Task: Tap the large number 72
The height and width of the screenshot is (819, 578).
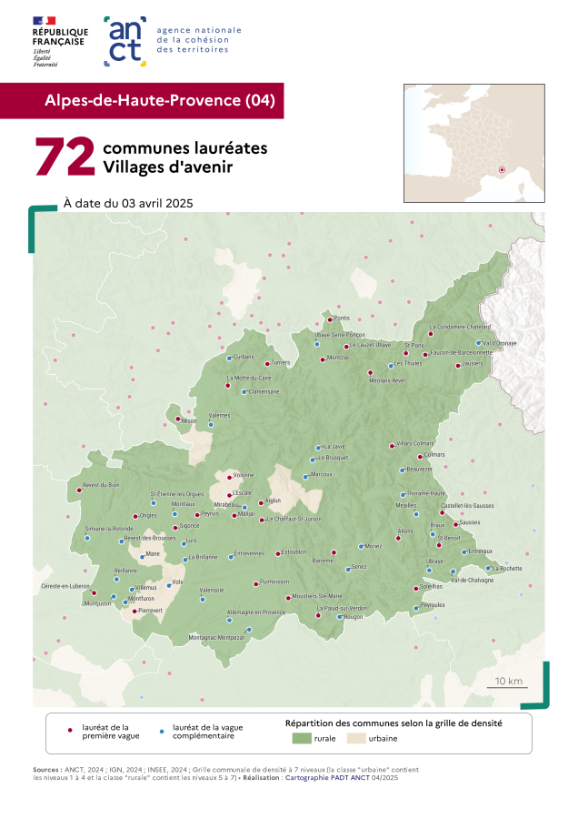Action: tap(65, 157)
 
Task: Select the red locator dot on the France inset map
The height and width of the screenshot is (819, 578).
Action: tap(502, 168)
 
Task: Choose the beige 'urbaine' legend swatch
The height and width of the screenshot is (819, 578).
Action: tap(356, 739)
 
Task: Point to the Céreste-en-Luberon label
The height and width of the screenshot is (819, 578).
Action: tap(65, 586)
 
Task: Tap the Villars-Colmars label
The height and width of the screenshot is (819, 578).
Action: tap(416, 443)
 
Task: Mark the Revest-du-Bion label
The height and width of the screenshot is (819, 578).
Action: tap(101, 484)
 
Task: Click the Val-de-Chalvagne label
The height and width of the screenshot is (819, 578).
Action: tap(472, 580)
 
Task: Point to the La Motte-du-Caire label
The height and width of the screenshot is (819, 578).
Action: tap(249, 378)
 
